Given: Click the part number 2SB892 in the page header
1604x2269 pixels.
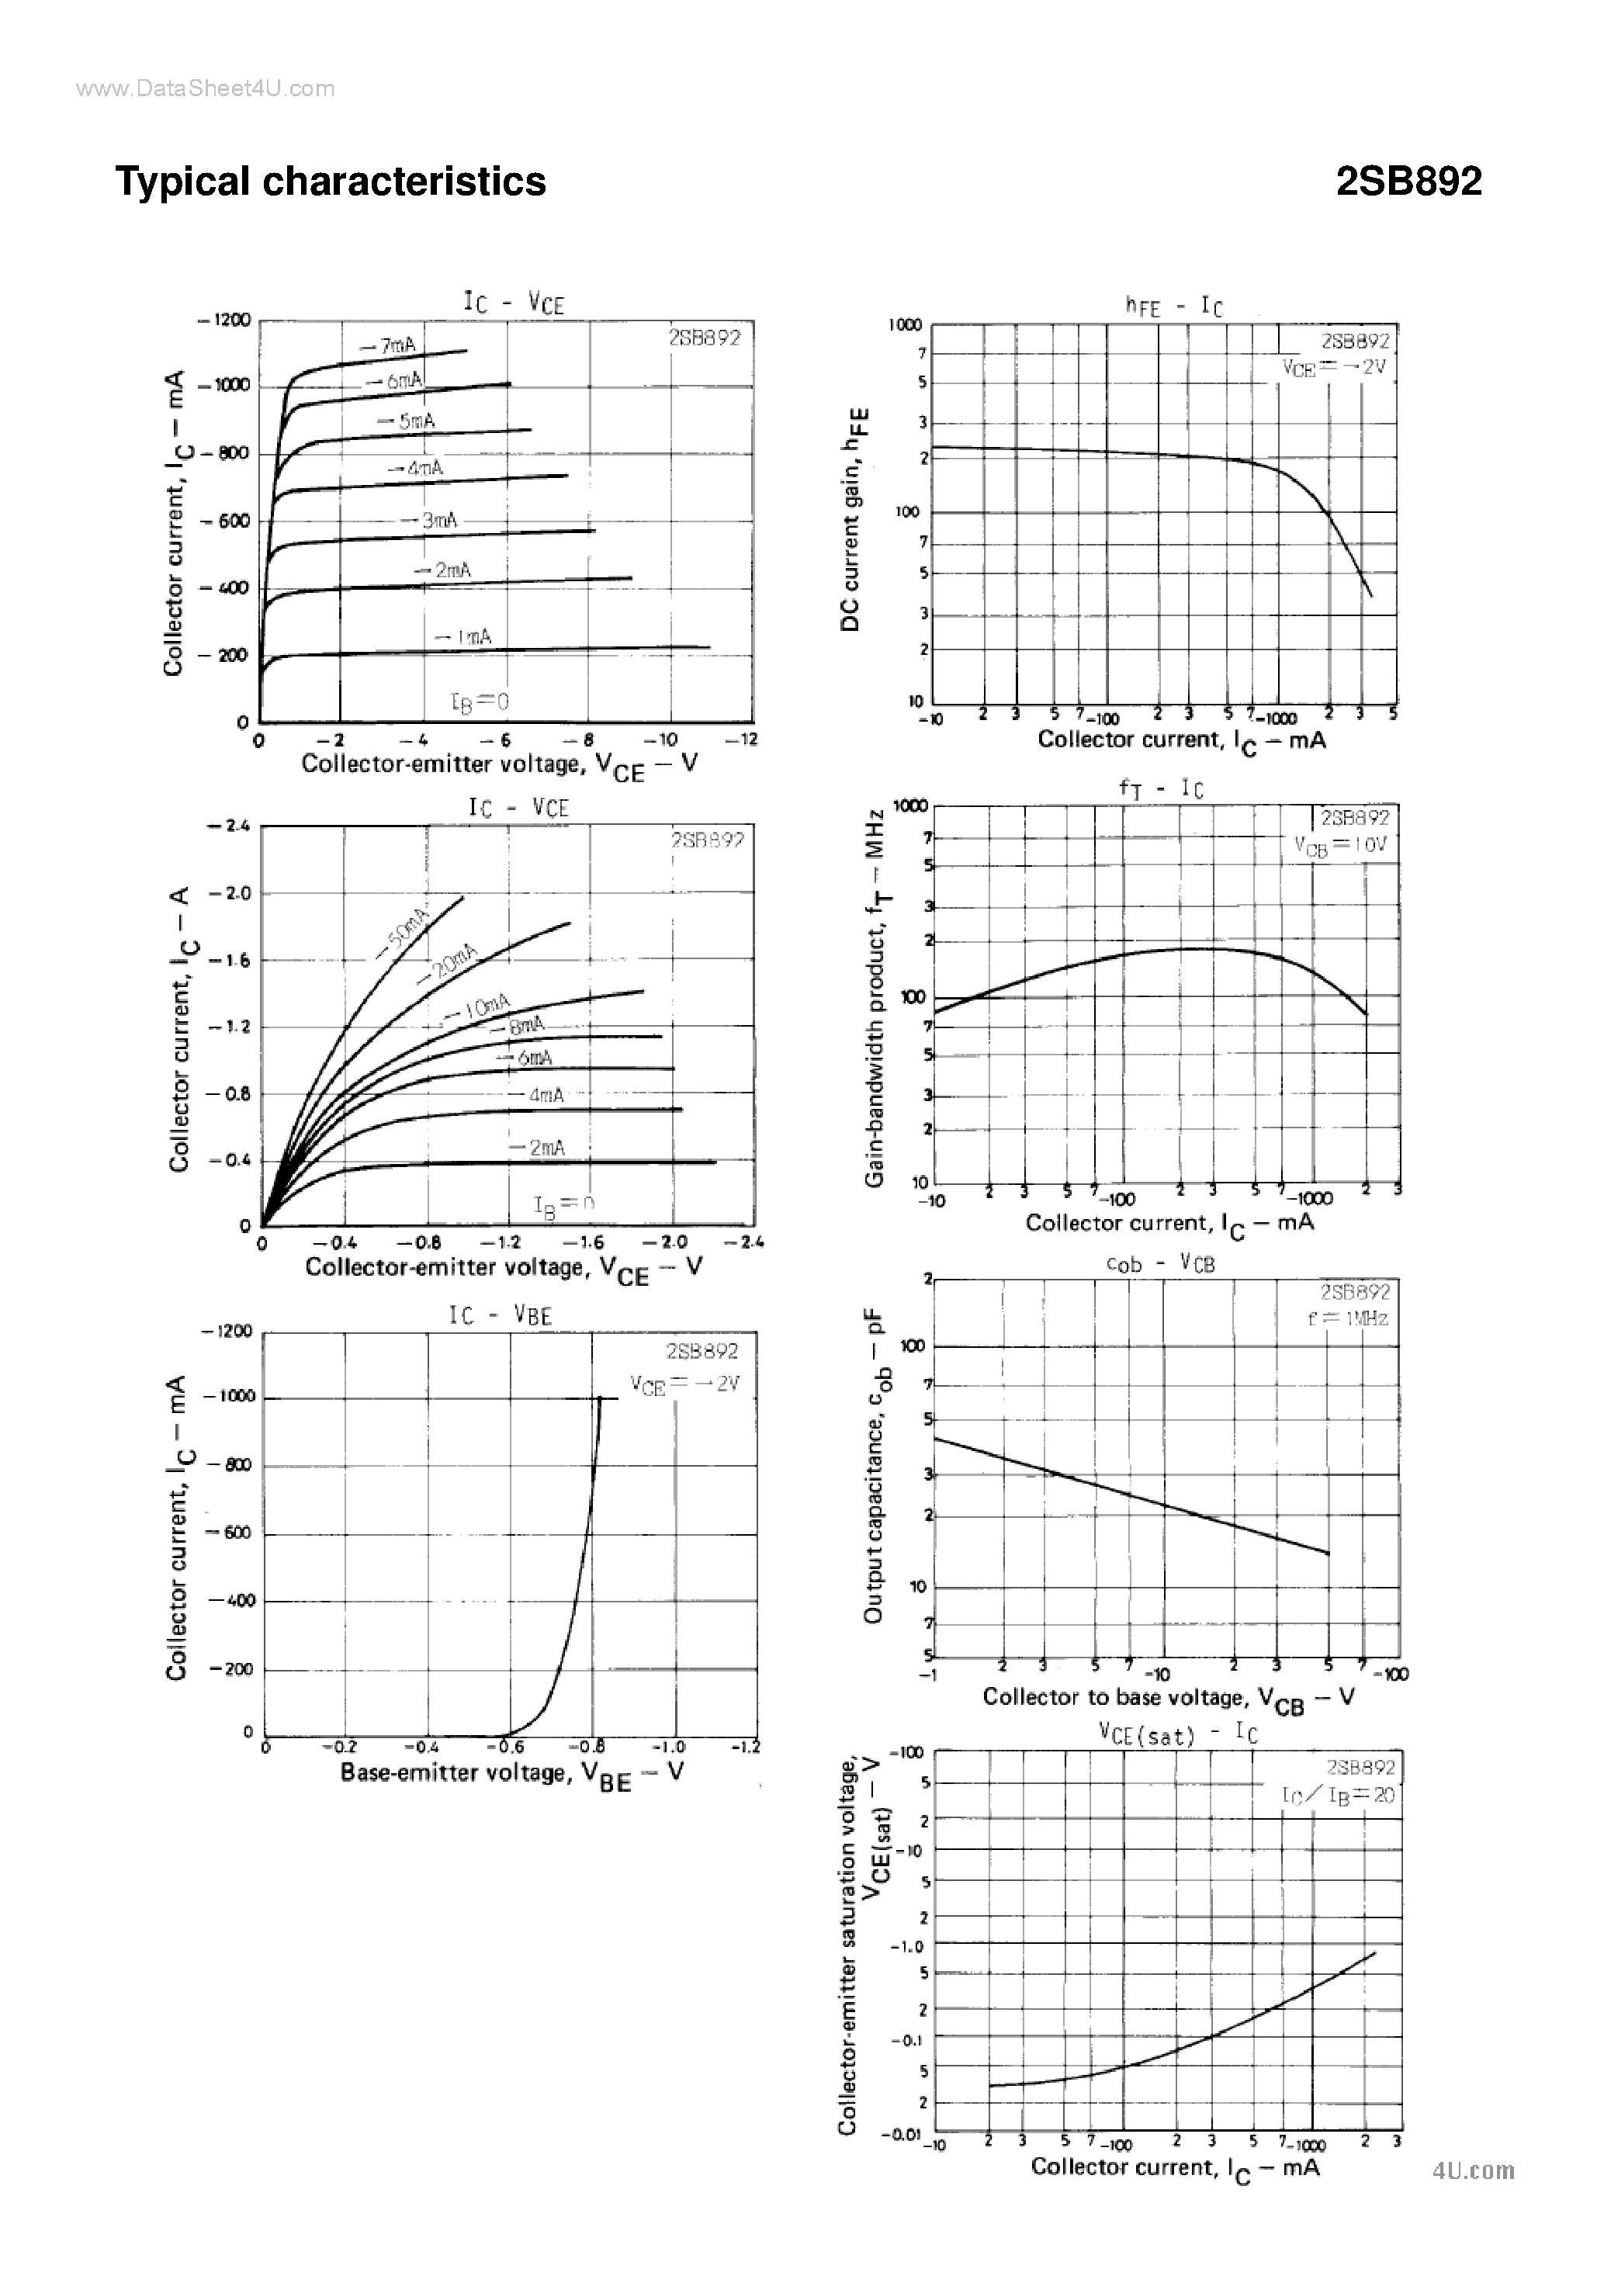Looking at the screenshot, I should [x=1408, y=182].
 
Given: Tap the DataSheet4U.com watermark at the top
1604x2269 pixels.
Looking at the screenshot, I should [x=206, y=89].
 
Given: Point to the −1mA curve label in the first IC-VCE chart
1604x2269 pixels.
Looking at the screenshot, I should [x=462, y=637].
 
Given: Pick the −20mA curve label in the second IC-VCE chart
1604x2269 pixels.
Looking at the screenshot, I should [x=447, y=965].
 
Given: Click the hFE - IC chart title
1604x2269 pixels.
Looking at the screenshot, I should [x=1174, y=307].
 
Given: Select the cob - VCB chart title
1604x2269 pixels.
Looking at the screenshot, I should [x=1160, y=1264].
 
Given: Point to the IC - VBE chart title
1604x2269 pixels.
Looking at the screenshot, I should [x=500, y=1315].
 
